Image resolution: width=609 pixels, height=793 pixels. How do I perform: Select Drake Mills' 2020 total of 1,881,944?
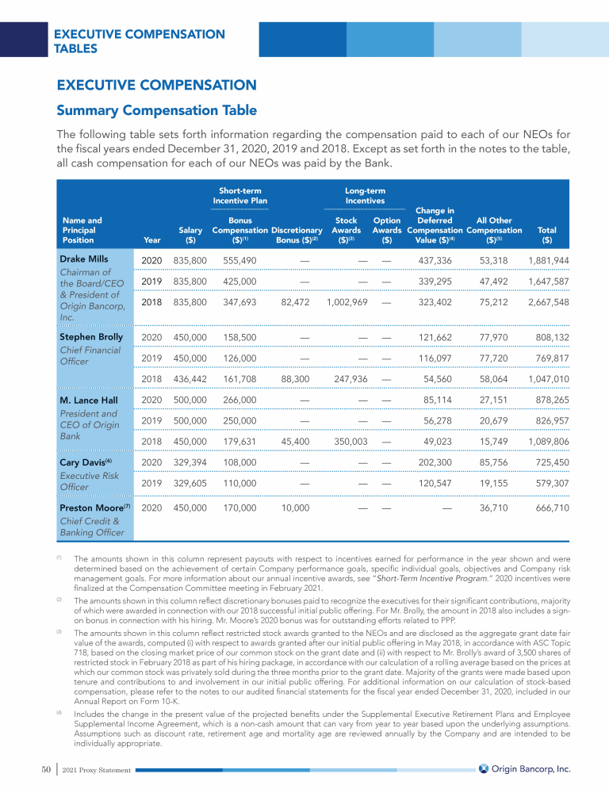[549, 261]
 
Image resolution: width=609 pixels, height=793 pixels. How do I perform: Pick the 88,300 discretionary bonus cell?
[295, 380]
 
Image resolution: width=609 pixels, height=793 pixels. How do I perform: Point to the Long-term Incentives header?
[365, 196]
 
